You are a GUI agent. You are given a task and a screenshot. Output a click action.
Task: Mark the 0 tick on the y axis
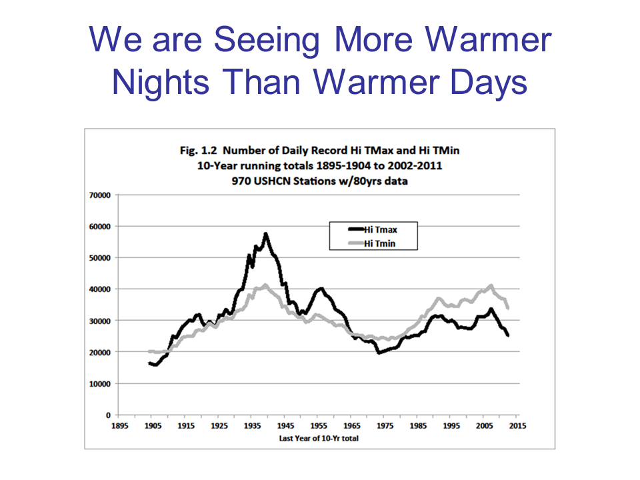point(108,415)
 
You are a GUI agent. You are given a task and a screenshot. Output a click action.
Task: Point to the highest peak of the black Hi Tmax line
point(265,234)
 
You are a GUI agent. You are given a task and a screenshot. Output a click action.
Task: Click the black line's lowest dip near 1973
point(379,352)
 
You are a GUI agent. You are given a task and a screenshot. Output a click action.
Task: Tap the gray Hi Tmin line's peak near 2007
point(491,286)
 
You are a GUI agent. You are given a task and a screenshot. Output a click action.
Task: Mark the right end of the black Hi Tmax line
point(508,335)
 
